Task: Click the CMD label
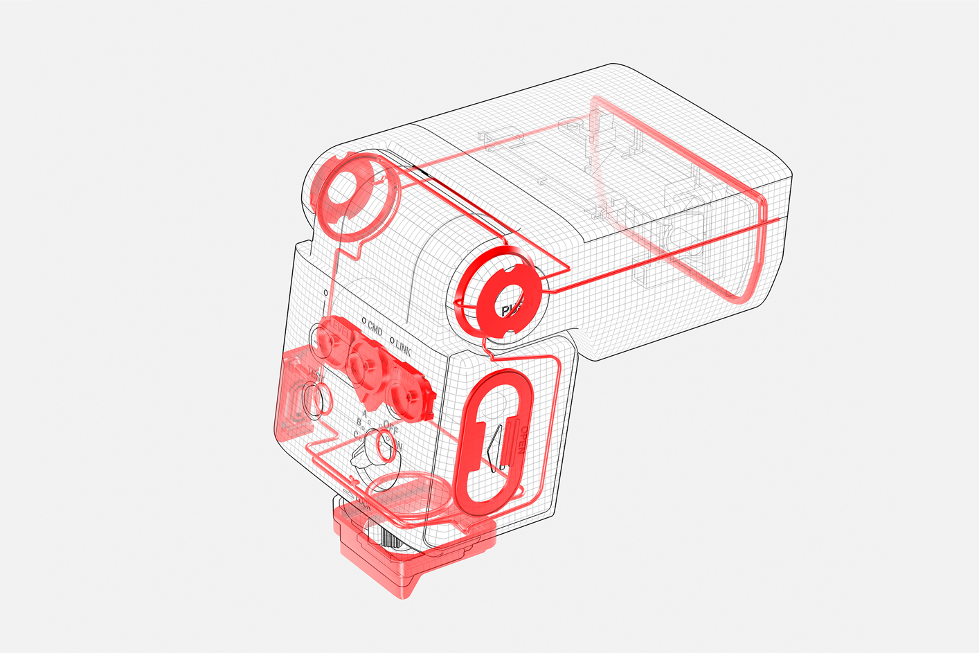point(375,328)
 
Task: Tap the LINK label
point(404,348)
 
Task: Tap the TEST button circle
point(317,400)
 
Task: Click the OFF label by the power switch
point(391,428)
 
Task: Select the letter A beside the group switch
point(364,414)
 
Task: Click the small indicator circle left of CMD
point(363,321)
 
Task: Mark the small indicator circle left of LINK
point(392,341)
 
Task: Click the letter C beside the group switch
point(356,435)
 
